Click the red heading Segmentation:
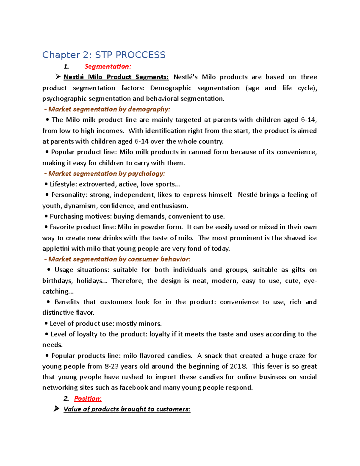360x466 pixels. pyautogui.click(x=108, y=66)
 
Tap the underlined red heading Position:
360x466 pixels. pyautogui.click(x=88, y=398)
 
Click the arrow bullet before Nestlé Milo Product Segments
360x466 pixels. pyautogui.click(x=58, y=77)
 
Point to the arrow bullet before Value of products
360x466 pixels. pyautogui.click(x=56, y=409)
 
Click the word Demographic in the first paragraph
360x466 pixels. pyautogui.click(x=170, y=88)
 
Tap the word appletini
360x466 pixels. pyautogui.click(x=56, y=249)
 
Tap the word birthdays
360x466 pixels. pyautogui.click(x=57, y=281)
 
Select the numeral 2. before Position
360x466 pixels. pyautogui.click(x=66, y=398)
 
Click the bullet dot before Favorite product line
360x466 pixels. pyautogui.click(x=46, y=227)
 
